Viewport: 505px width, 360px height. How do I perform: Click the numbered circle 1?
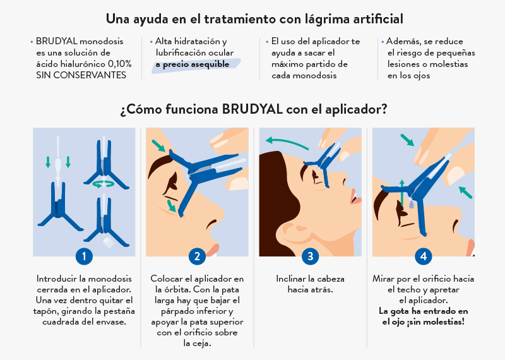click(84, 256)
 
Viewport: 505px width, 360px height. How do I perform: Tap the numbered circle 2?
click(197, 256)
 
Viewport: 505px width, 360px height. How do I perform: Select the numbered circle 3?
click(310, 256)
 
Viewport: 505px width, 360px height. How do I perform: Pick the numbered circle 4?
click(423, 256)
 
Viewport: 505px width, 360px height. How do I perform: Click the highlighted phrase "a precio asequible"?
click(193, 64)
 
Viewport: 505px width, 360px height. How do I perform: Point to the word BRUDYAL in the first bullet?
click(57, 41)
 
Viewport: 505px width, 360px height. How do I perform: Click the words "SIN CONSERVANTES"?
click(81, 75)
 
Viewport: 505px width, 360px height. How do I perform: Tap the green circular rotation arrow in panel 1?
click(103, 184)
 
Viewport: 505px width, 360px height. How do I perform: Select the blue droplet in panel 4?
click(412, 204)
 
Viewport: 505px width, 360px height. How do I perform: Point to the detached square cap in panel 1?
click(108, 242)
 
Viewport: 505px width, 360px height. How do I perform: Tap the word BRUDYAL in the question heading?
click(252, 109)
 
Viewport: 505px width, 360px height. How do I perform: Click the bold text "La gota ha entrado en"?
click(423, 311)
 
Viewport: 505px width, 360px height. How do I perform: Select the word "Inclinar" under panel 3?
click(291, 279)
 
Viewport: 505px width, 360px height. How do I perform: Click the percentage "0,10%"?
click(119, 64)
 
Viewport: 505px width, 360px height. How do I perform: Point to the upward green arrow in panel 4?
click(402, 193)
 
